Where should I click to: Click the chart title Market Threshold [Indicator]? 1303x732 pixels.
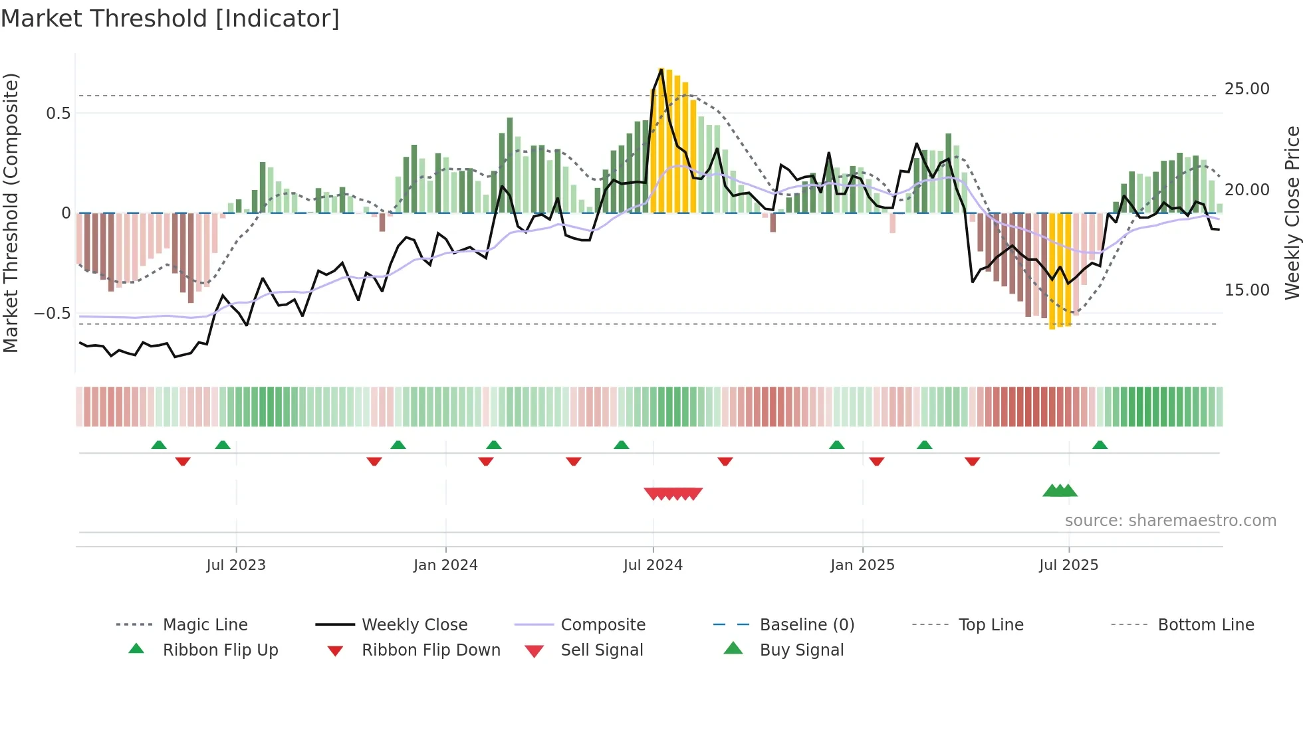170,19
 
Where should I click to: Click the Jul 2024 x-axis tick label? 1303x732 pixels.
653,565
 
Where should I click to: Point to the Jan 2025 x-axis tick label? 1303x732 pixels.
862,565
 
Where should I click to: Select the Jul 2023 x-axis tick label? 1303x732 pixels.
236,565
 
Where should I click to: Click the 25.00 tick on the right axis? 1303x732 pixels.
1246,88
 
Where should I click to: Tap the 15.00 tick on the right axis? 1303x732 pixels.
1246,290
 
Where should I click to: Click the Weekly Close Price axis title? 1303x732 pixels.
1292,213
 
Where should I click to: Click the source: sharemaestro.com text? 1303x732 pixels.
1170,520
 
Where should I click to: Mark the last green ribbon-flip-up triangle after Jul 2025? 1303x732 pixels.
1100,445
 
